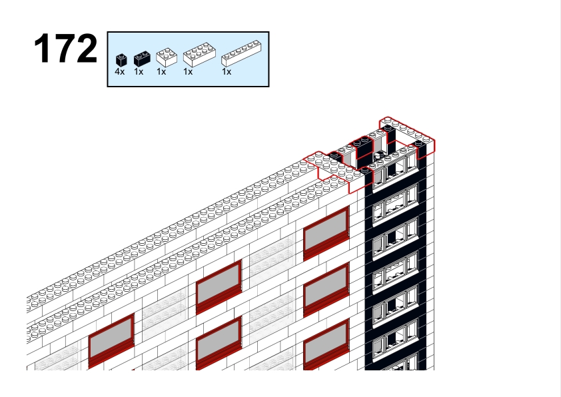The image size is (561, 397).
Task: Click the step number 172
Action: coord(65,49)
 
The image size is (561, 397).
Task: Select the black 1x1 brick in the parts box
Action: coord(121,60)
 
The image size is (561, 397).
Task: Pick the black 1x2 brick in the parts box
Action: coord(142,59)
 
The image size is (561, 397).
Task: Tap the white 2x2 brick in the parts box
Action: coord(167,57)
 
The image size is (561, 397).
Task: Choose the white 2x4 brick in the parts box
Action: coord(200,55)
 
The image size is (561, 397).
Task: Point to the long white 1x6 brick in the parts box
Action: coord(241,53)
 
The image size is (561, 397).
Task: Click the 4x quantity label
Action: coord(120,72)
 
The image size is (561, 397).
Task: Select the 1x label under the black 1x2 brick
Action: coord(139,72)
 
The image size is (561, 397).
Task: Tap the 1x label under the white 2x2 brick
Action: coord(161,72)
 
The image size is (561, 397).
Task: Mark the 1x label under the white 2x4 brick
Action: coord(188,72)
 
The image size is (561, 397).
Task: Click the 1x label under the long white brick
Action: coord(227,72)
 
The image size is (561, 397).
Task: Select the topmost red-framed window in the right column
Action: coord(326,233)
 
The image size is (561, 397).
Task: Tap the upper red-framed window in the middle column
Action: coord(219,287)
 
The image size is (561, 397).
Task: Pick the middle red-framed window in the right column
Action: coord(326,290)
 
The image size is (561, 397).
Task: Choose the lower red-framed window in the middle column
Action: coord(219,343)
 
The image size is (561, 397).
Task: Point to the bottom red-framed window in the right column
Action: coord(326,345)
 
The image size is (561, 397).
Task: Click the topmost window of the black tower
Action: coord(395,171)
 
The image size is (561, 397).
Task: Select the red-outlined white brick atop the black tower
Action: coord(408,133)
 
